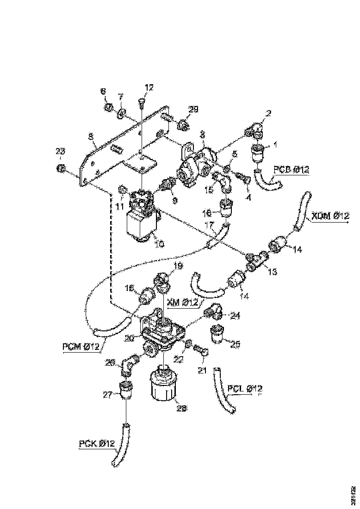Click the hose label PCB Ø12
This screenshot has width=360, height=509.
pos(291,170)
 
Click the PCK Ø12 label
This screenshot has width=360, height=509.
pos(96,444)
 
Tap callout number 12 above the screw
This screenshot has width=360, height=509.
pos(149,87)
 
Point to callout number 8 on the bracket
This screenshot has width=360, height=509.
pos(91,137)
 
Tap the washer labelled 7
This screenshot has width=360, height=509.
pos(122,112)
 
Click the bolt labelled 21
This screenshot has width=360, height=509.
pos(202,353)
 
